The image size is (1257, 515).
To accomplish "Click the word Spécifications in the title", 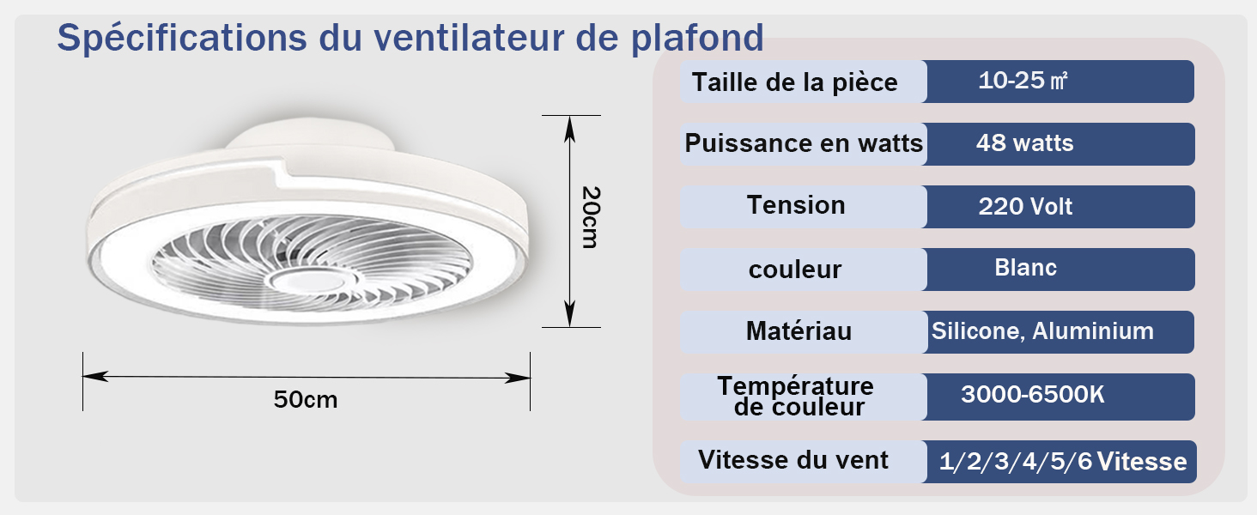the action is (x=182, y=38).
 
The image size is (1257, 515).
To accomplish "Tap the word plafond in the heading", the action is (x=697, y=38).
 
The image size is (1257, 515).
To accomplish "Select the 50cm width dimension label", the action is (x=306, y=399).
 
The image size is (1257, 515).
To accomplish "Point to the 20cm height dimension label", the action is (x=591, y=217).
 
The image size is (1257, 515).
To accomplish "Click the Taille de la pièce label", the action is (x=794, y=82).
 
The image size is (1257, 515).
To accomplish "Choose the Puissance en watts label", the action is (x=804, y=143).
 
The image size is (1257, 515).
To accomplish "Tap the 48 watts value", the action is (x=1024, y=143).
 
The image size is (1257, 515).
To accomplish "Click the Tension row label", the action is (x=796, y=205).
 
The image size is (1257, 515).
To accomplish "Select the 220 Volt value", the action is (x=1025, y=207).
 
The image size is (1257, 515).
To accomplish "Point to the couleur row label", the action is (x=794, y=270).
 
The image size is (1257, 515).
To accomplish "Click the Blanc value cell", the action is (x=1025, y=268).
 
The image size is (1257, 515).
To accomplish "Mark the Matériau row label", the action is (x=799, y=330).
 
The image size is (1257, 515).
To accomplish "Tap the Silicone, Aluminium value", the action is (x=1042, y=331).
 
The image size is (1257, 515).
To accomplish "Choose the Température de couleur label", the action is (x=796, y=397).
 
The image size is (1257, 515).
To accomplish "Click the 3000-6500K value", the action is (x=1033, y=394).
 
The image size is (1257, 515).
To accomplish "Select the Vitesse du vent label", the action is (x=792, y=460).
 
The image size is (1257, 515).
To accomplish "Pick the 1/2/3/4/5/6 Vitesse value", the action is (x=1063, y=462).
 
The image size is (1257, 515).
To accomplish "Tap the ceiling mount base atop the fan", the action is (x=310, y=135).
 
